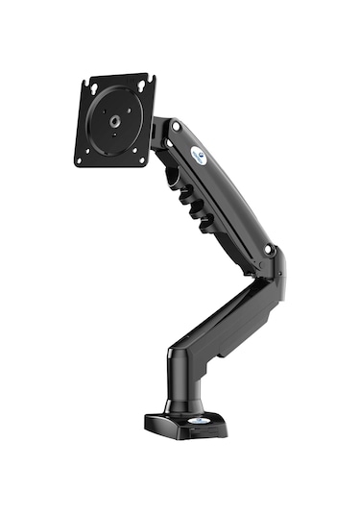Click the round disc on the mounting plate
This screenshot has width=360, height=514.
115,120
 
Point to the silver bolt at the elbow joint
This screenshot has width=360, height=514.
270,253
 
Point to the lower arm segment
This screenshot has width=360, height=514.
226,317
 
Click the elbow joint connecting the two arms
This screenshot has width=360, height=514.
271,264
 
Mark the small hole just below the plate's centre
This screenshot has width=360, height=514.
115,134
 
